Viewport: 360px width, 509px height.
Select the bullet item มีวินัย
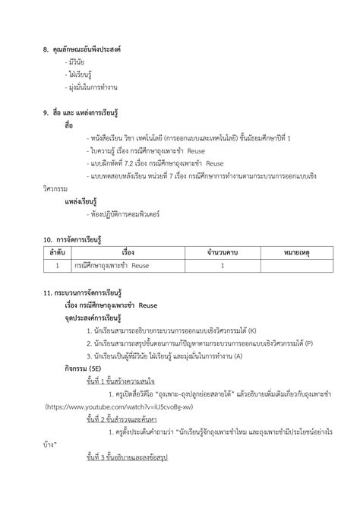(77, 62)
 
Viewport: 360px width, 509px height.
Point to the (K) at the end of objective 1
(252, 330)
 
